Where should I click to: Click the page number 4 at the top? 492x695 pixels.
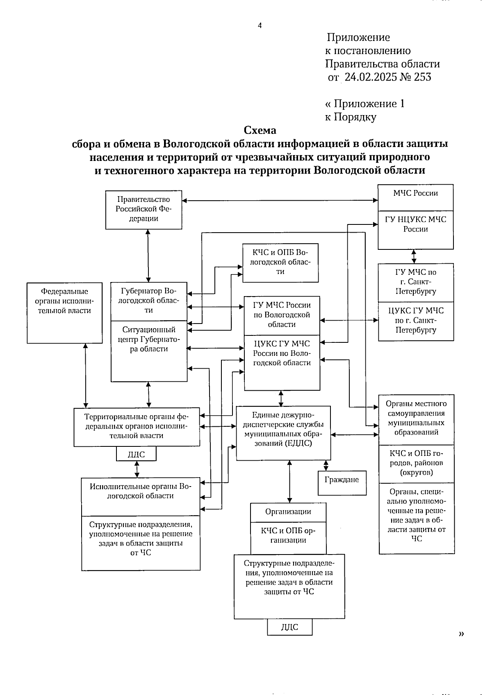tap(260, 25)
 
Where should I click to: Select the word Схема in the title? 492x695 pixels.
tap(260, 130)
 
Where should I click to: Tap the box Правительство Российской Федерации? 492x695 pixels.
tap(143, 209)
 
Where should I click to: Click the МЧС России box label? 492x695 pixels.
tap(415, 193)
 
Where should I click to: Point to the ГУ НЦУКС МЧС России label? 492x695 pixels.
tap(415, 224)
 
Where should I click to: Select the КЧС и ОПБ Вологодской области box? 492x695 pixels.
tap(280, 262)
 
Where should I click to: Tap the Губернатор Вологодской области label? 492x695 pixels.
tap(149, 301)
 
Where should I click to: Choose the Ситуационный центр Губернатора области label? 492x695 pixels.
tap(149, 340)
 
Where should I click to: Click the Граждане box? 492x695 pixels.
tap(342, 480)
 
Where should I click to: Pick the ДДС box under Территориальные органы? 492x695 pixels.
tap(136, 454)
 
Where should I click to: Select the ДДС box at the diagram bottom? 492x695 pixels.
tap(289, 627)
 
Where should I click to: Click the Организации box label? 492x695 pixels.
tap(288, 512)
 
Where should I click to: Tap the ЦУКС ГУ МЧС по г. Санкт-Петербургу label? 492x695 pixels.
tap(416, 320)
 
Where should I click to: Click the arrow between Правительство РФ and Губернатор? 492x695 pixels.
tap(148, 256)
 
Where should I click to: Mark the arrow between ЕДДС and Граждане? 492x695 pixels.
tap(326, 465)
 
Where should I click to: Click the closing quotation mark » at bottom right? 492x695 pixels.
tap(462, 634)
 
